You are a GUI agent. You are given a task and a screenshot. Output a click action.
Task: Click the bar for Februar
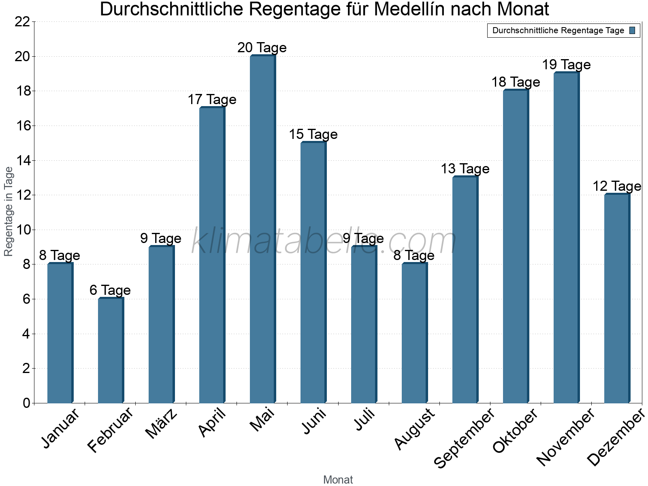(111, 350)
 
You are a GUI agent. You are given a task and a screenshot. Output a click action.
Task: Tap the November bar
(566, 238)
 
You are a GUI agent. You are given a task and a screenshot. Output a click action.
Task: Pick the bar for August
(414, 333)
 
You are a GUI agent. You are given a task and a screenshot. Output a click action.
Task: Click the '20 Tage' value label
(262, 48)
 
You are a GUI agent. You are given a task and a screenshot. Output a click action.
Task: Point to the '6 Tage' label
(110, 290)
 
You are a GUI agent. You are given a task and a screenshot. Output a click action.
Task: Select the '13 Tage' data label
(465, 169)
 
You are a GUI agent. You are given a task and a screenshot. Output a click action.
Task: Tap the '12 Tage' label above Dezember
(617, 186)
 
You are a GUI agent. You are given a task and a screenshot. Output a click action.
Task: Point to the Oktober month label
(516, 431)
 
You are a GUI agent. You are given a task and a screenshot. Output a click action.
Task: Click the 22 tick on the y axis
(22, 22)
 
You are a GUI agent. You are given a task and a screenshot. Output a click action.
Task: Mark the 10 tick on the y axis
(22, 230)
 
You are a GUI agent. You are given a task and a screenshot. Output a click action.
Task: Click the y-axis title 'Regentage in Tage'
(9, 211)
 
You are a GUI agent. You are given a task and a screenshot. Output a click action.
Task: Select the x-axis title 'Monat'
(338, 480)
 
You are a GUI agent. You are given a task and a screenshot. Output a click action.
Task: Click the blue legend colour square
(633, 30)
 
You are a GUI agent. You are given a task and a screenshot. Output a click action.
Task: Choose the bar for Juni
(313, 273)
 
